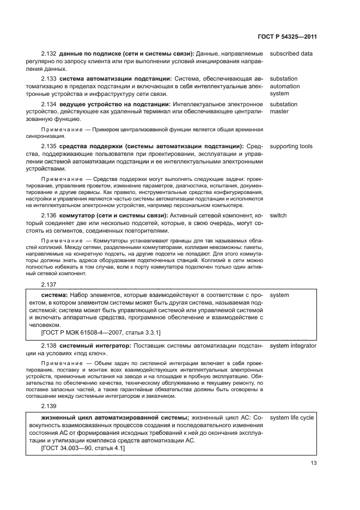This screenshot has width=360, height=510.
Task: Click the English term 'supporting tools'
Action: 291,147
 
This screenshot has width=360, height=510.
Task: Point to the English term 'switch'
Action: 278,215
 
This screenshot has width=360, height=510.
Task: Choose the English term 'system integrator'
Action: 293,345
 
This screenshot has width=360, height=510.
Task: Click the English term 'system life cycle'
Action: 291,417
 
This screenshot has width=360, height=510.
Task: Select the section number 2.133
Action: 48,79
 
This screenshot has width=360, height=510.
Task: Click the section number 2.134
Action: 48,104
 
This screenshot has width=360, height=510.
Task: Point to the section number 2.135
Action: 48,147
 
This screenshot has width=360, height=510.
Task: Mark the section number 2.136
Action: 48,215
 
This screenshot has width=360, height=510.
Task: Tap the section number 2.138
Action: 48,345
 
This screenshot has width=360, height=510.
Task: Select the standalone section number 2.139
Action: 48,406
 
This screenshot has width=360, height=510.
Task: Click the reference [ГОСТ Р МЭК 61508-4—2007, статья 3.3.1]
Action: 101,332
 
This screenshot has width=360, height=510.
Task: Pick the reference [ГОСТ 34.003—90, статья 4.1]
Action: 83,448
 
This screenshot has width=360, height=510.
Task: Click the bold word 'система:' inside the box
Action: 54,295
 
